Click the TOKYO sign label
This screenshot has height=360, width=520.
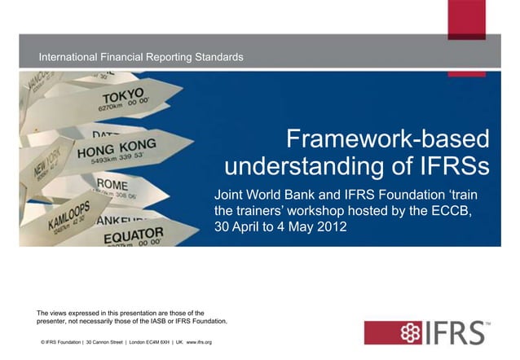123,95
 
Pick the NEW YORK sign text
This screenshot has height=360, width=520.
44,166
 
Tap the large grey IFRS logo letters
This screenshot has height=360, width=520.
453,332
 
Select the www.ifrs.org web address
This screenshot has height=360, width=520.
199,342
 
